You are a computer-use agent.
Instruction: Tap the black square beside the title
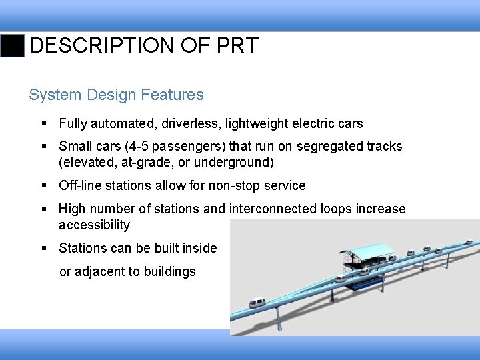point(12,45)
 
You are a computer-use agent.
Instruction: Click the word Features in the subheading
point(174,95)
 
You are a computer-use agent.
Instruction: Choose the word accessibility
point(94,225)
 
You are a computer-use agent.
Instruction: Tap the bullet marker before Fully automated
point(43,124)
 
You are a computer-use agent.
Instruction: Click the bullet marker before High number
point(43,209)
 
